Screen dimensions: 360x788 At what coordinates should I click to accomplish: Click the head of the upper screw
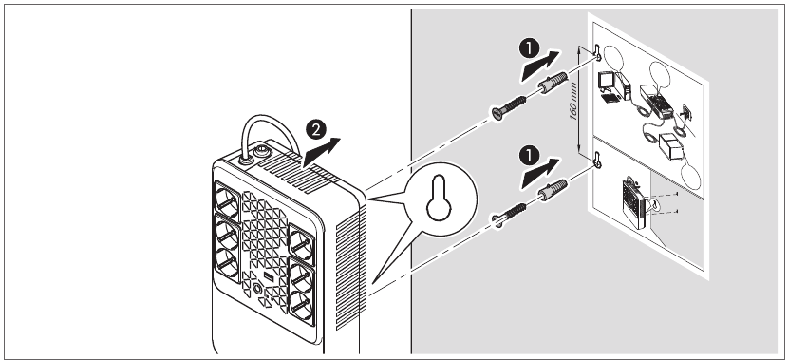tap(498, 114)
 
